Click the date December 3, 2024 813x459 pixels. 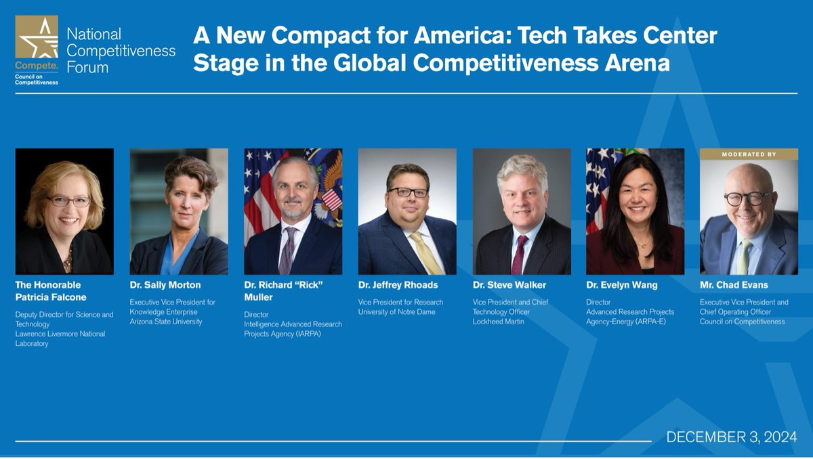(732, 437)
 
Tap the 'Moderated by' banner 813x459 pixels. (749, 154)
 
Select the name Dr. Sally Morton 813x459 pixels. (165, 285)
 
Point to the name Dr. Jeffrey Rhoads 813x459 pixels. (398, 285)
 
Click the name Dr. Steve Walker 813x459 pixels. (509, 285)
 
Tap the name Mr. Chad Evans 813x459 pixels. (733, 285)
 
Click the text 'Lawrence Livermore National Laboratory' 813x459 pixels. (60, 338)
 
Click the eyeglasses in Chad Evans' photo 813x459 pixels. (747, 198)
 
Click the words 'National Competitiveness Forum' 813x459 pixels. (121, 51)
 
